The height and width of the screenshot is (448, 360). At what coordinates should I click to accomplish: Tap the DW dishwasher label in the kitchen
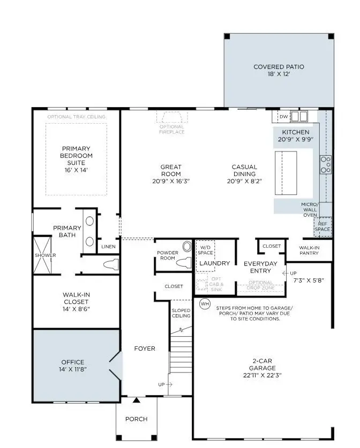[x=284, y=116]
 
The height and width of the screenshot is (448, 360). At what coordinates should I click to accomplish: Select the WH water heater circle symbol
[x=205, y=303]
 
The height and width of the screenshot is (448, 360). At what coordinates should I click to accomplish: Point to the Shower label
[x=46, y=255]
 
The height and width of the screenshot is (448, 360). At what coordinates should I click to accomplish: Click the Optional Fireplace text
[x=172, y=129]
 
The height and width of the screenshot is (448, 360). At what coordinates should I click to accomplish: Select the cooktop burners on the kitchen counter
[x=325, y=164]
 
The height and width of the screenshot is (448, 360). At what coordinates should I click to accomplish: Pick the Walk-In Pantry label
[x=309, y=250]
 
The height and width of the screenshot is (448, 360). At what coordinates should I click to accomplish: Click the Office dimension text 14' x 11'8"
[x=72, y=370]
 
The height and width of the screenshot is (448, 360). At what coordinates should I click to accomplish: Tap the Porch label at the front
[x=136, y=419]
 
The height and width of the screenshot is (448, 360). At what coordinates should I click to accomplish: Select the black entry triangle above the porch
[x=137, y=399]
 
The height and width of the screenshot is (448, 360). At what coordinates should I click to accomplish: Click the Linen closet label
[x=108, y=247]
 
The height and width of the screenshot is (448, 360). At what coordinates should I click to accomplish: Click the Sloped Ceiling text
[x=181, y=314]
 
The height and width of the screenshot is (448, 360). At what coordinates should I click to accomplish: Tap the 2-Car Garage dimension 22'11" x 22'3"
[x=261, y=376]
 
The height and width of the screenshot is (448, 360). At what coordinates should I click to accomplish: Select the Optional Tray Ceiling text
[x=76, y=117]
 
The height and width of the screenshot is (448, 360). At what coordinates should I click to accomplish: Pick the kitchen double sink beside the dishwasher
[x=299, y=116]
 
